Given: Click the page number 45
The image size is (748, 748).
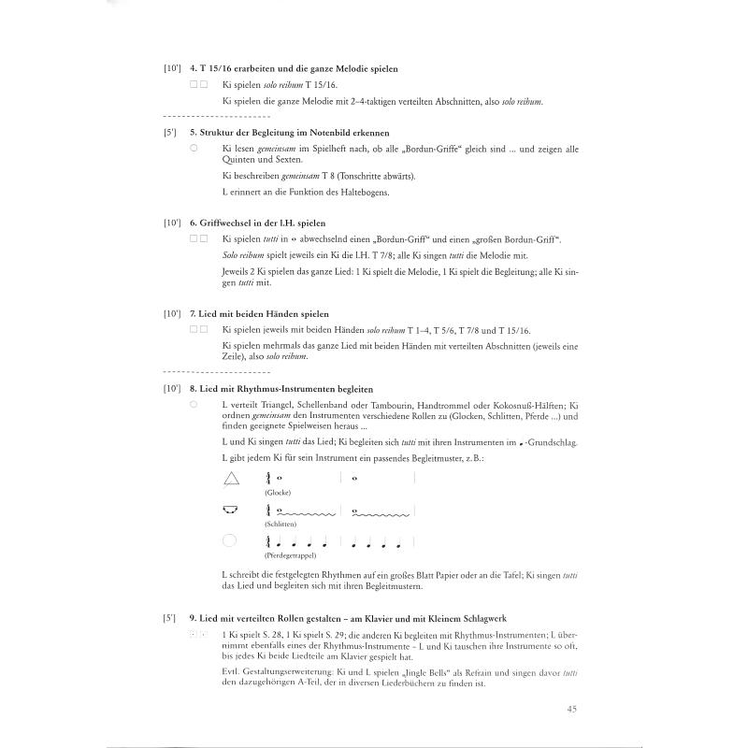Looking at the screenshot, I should [571, 710].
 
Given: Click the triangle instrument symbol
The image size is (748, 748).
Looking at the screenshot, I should [231, 478].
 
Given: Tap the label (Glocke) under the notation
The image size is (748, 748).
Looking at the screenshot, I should [279, 492].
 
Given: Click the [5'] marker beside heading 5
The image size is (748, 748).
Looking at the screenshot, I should [169, 133].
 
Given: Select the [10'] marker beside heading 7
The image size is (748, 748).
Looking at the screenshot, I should [171, 314].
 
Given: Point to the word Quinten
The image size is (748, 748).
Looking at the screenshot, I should [237, 159].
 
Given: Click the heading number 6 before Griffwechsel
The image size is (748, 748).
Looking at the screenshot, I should [192, 224].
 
